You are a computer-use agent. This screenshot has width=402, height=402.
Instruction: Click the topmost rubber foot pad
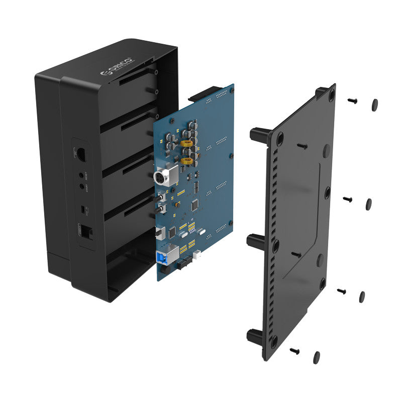374,105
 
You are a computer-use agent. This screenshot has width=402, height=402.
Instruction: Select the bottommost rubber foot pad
316,357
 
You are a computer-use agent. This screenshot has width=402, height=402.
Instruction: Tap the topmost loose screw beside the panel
352,101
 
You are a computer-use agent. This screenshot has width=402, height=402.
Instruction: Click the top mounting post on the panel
260,135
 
